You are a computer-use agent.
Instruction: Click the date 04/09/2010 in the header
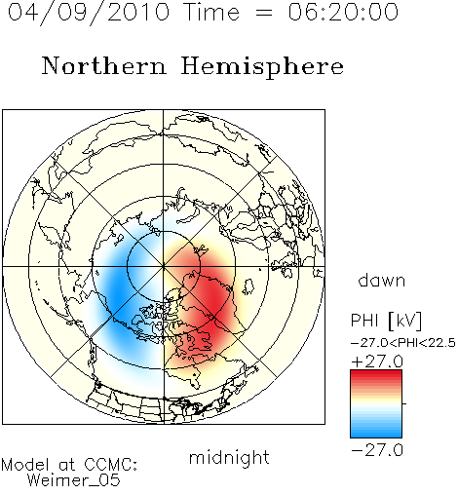tap(89, 13)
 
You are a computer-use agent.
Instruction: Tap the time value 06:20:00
tap(343, 13)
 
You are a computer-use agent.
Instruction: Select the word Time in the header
tap(211, 13)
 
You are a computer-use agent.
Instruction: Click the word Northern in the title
tap(104, 65)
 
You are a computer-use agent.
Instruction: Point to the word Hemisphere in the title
tap(262, 67)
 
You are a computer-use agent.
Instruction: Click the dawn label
tap(382, 280)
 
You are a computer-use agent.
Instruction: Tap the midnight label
tap(229, 457)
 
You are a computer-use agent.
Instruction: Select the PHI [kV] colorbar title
tap(386, 321)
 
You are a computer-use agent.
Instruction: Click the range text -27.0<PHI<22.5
tap(403, 343)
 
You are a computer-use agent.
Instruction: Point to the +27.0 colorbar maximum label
tap(377, 362)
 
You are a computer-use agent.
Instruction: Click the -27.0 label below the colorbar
tap(377, 450)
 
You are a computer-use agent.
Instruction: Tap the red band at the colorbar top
tap(376, 376)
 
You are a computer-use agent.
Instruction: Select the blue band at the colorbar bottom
tap(376, 432)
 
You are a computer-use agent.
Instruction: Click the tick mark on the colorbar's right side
tap(404, 403)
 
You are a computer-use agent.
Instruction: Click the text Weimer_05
tap(74, 480)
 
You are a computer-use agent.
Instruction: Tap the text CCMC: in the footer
tap(111, 465)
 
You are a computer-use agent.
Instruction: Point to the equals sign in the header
tap(264, 13)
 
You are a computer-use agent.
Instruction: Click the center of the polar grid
tap(164, 267)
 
